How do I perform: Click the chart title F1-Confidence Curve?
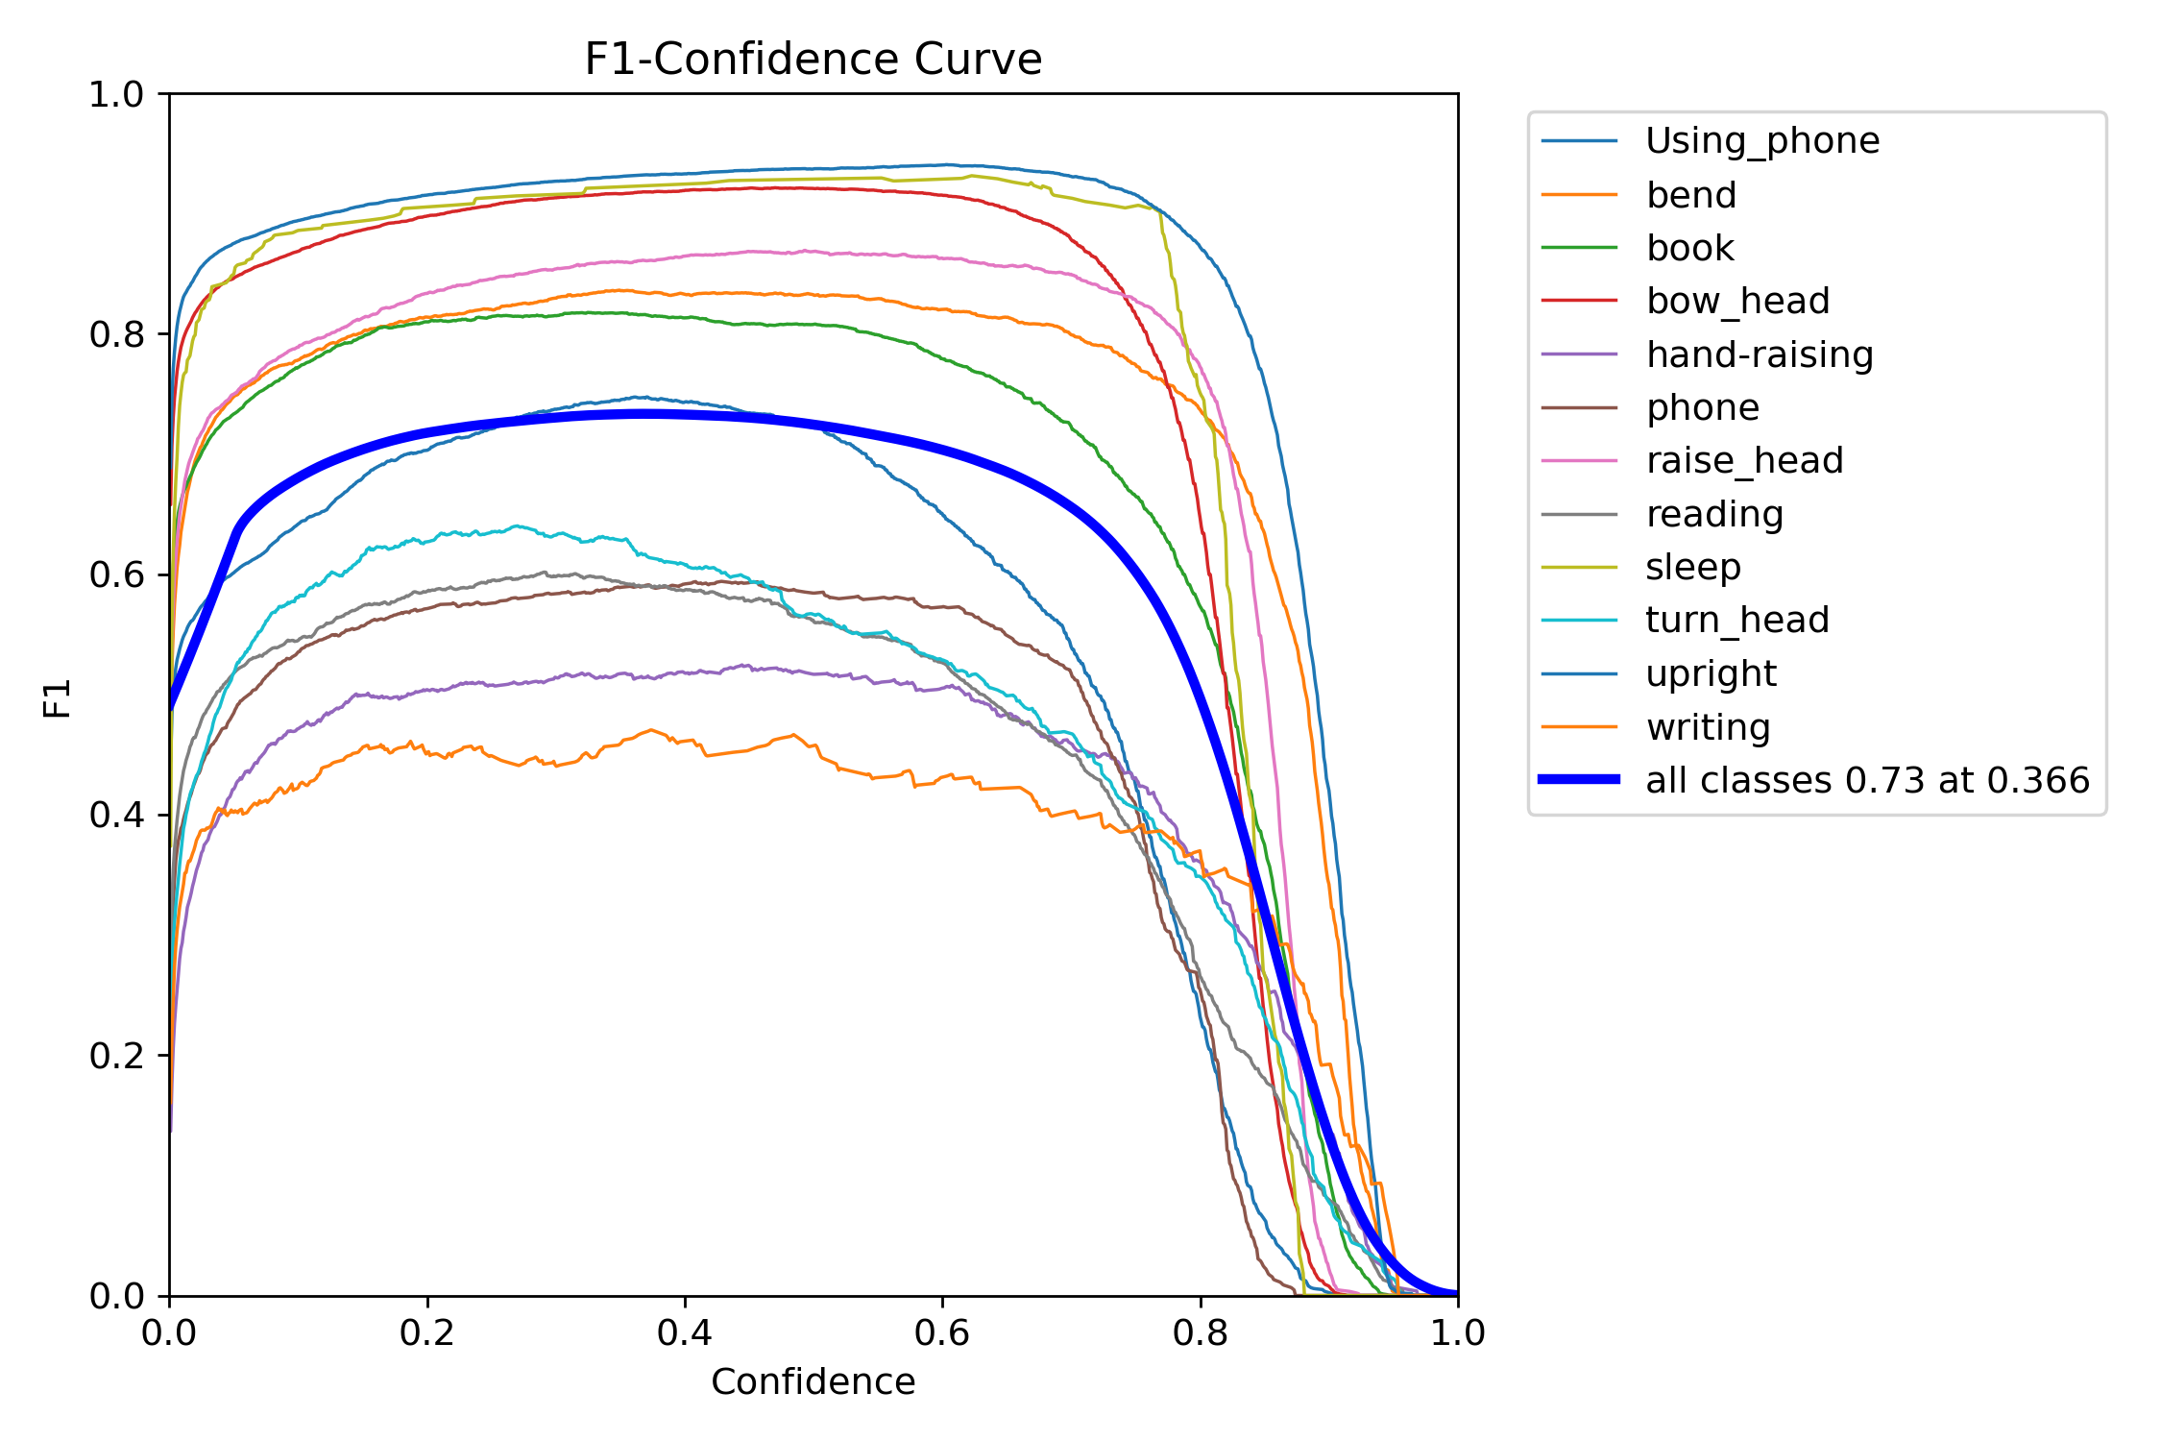813,60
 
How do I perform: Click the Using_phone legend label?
1762,141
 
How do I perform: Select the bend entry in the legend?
1690,195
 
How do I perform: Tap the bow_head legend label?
1737,302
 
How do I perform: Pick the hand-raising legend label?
1760,355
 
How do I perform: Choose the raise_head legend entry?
1744,461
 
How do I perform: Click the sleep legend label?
1692,568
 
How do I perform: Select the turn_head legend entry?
1736,621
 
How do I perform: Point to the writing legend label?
1708,727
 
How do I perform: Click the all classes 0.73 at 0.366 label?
1867,780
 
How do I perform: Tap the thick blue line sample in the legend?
1579,779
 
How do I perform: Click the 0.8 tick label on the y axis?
115,334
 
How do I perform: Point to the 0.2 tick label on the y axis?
115,1056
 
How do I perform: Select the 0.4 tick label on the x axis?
685,1332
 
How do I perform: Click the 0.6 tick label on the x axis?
942,1332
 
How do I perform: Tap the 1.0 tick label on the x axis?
1457,1332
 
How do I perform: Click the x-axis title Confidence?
813,1382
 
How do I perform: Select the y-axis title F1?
58,698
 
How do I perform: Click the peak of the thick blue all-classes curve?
642,415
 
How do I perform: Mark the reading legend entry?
1714,515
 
